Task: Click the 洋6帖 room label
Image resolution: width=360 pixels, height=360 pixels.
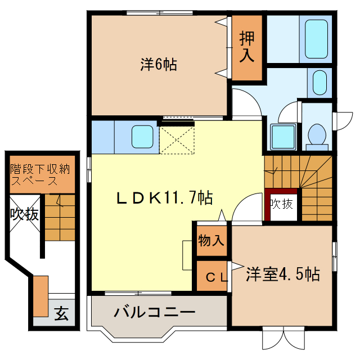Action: [159, 65]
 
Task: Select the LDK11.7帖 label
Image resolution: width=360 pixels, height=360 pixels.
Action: [164, 197]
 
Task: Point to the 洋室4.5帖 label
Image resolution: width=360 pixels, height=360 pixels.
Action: [283, 274]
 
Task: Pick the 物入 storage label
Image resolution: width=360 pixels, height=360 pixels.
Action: [211, 241]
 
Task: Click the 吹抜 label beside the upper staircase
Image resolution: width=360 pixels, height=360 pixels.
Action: [281, 204]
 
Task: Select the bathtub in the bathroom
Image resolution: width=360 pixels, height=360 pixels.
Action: [316, 39]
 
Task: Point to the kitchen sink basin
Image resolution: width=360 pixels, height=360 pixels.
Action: [143, 137]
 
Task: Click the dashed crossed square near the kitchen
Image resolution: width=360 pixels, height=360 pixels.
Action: [177, 138]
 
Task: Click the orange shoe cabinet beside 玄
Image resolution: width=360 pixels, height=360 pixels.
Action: [40, 296]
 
